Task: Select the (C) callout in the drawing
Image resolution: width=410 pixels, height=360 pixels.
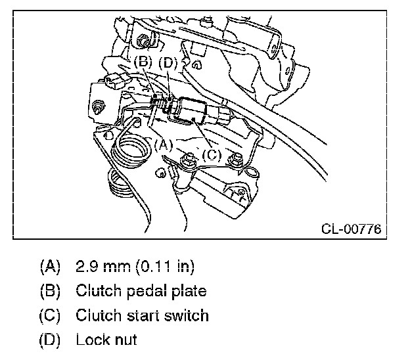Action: [212, 155]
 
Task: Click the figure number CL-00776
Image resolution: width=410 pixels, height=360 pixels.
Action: [352, 229]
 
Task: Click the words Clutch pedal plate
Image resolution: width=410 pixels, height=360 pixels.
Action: [141, 291]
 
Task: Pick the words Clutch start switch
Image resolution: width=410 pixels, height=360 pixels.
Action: [142, 315]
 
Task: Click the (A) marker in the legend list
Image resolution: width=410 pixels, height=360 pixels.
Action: [50, 267]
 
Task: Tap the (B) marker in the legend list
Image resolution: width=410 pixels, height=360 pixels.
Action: [50, 291]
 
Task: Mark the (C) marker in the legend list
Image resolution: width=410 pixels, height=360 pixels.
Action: [50, 315]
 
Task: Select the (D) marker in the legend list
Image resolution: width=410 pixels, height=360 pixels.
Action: [50, 340]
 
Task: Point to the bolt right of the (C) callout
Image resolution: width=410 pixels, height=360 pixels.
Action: [233, 158]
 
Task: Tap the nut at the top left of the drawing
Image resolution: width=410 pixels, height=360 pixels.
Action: [143, 43]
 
